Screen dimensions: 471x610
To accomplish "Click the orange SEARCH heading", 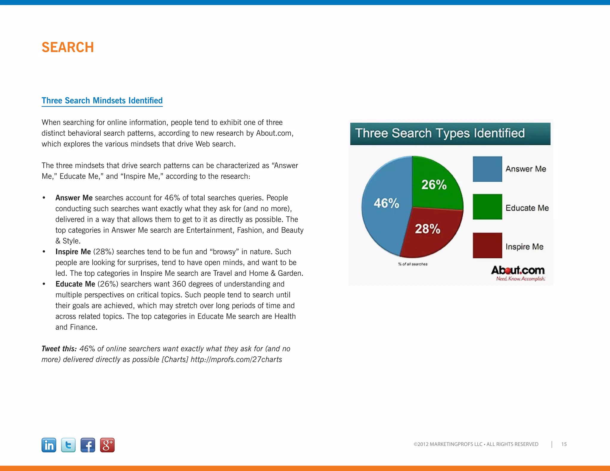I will click(x=68, y=47).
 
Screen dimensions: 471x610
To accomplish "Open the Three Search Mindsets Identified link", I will click(x=102, y=101).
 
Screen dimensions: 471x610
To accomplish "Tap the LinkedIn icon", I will click(x=49, y=445).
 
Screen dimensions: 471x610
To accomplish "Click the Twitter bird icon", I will click(x=68, y=445).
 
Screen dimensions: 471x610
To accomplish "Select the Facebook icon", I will click(x=88, y=445).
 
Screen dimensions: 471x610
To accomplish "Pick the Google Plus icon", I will click(x=107, y=445).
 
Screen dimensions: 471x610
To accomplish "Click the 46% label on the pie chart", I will click(x=386, y=203).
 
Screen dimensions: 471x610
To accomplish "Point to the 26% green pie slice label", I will click(x=434, y=185).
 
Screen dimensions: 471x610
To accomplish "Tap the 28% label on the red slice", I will click(x=427, y=229).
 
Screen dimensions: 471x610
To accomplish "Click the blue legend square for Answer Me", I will click(x=487, y=169).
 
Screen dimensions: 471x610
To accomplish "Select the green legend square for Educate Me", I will click(x=487, y=207).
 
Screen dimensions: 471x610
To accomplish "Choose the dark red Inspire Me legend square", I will click(x=487, y=245).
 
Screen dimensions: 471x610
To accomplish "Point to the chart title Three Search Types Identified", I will click(x=440, y=133).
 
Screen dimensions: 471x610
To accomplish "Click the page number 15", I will click(x=564, y=444).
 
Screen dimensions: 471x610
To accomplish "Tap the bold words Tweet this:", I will click(x=59, y=349).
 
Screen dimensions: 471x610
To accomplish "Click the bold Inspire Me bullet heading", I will click(x=73, y=252).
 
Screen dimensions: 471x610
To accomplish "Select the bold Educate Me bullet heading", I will click(x=75, y=284).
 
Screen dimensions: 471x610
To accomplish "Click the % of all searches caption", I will click(x=413, y=264).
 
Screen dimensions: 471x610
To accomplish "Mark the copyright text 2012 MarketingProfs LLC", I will click(x=476, y=444).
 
